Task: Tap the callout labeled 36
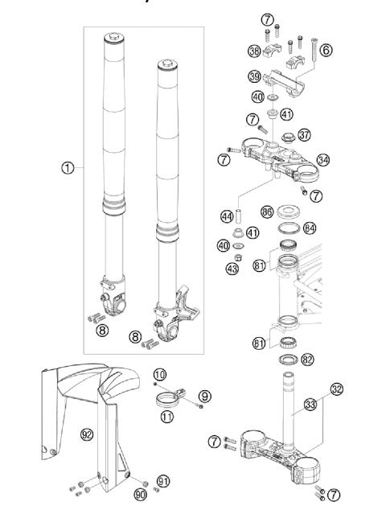click(x=254, y=51)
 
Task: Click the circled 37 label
click(x=304, y=134)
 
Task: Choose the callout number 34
click(x=323, y=158)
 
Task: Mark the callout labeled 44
click(x=227, y=216)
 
